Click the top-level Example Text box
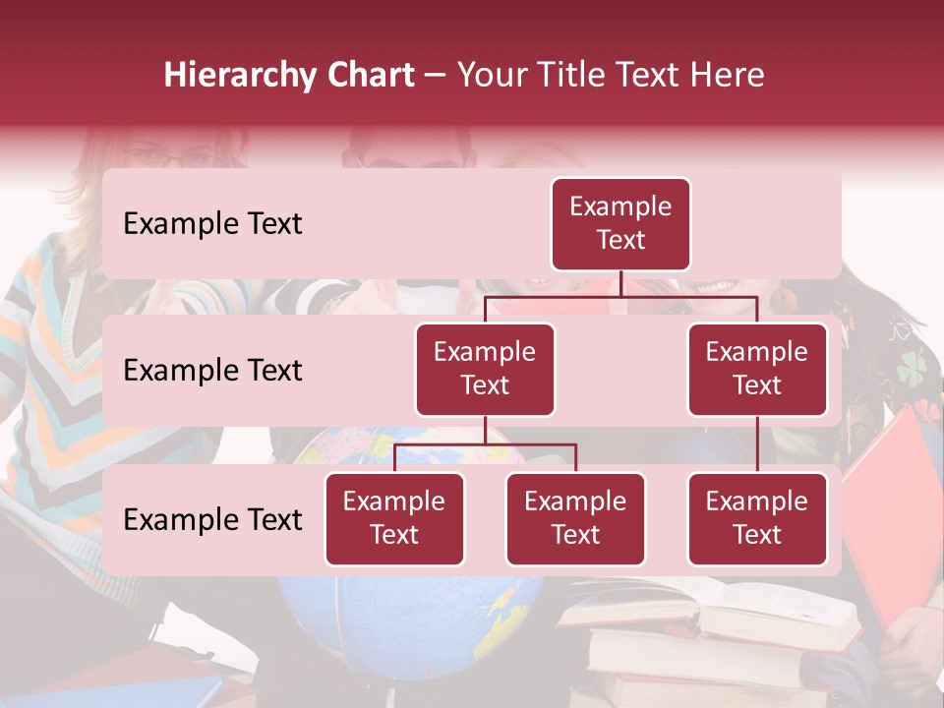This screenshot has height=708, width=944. tap(620, 224)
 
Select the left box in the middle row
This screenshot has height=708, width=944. tap(485, 370)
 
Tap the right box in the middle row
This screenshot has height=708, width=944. tap(757, 370)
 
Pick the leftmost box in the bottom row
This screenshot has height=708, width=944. tap(394, 519)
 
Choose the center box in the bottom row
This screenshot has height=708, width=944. tap(575, 519)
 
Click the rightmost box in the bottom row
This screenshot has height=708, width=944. tap(757, 519)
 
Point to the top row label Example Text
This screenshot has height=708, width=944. tap(212, 224)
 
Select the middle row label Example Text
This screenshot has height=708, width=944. tap(212, 371)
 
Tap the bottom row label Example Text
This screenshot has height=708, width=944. tap(212, 520)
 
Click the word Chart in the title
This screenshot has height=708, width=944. tap(369, 75)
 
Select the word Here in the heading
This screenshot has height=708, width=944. tap(728, 75)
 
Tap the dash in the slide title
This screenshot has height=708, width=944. tap(436, 77)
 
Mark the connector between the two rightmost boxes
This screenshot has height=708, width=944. tap(757, 444)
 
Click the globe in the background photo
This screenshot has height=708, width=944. tap(413, 619)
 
